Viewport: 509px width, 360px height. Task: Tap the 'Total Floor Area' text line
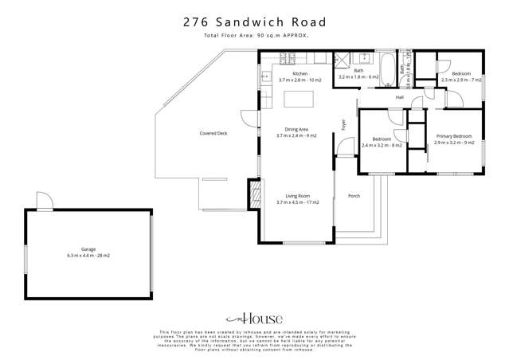coord(255,36)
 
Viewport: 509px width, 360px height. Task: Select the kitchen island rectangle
coord(300,99)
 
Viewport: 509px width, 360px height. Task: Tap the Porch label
coord(354,196)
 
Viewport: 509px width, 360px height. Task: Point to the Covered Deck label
coord(213,133)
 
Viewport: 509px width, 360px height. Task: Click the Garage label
coord(88,249)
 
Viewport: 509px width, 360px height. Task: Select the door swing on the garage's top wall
coord(45,201)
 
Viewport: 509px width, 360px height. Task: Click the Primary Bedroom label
coord(453,136)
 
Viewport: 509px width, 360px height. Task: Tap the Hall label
coord(400,97)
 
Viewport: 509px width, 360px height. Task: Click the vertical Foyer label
coord(343,124)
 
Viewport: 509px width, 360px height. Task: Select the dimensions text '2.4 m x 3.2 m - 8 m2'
coord(382,146)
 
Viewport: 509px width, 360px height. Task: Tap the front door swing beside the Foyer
coord(345,148)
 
